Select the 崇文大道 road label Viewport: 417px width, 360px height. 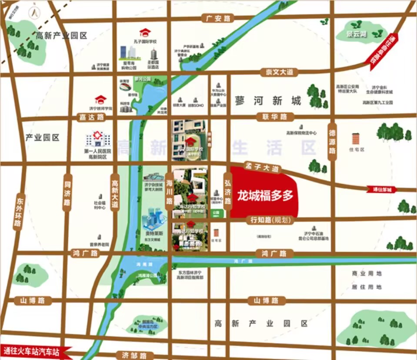point(277,72)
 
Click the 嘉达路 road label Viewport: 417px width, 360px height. point(92,117)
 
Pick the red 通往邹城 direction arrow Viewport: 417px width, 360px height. point(382,189)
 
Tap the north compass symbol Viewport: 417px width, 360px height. point(33,13)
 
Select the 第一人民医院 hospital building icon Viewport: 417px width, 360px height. point(97,139)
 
